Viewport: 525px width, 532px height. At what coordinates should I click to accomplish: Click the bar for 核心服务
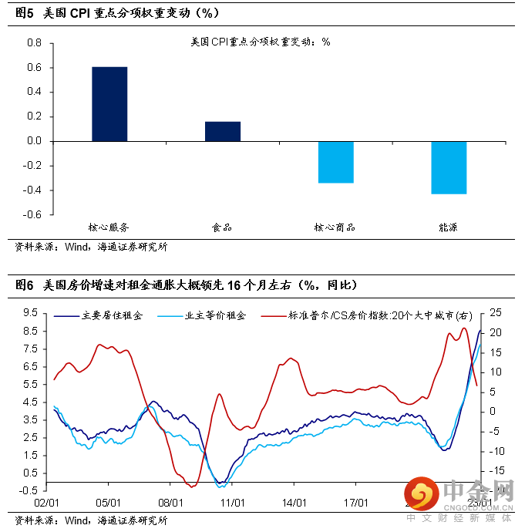(109, 104)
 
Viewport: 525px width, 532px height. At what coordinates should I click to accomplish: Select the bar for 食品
(223, 132)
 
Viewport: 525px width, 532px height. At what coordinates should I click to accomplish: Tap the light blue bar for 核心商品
(335, 162)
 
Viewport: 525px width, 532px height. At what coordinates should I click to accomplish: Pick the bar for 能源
(449, 167)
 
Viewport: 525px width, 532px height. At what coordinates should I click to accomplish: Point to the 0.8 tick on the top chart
(34, 43)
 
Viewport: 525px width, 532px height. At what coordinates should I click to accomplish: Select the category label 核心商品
(335, 228)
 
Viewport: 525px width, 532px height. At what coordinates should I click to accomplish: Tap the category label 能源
(449, 228)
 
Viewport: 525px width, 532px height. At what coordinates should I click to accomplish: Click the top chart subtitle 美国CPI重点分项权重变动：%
(260, 42)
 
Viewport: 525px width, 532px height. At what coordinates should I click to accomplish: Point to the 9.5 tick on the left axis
(31, 312)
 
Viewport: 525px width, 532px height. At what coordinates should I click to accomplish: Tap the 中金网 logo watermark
(463, 493)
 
